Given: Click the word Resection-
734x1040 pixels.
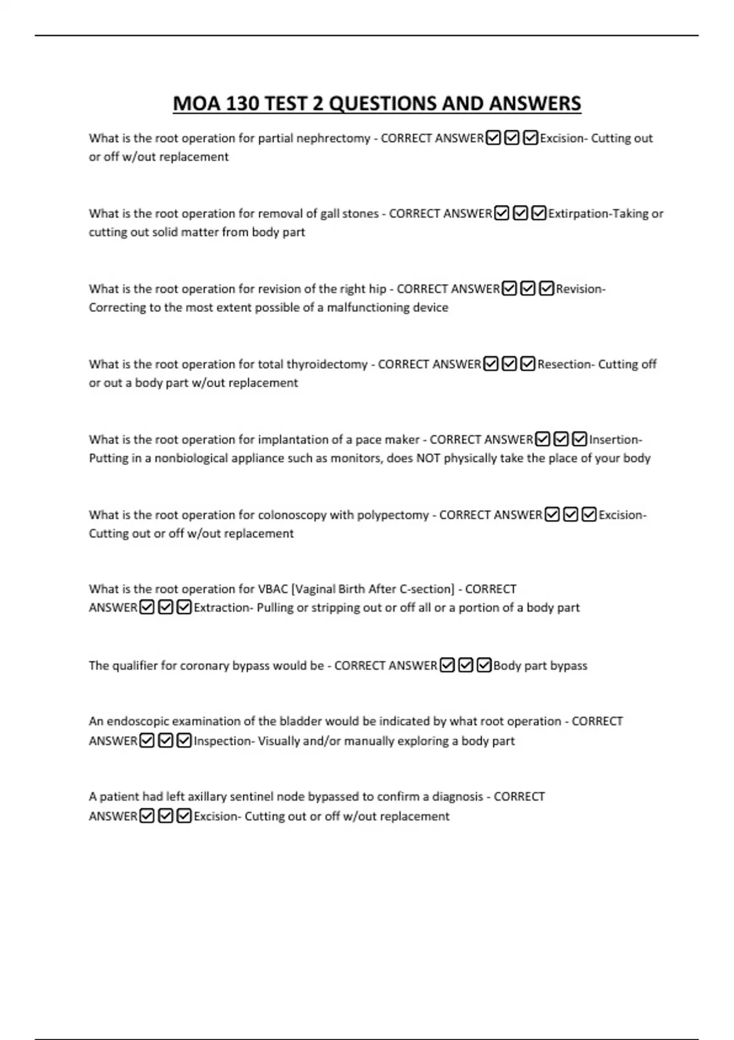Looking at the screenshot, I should (566, 364).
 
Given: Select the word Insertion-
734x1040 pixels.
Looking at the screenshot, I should (615, 439).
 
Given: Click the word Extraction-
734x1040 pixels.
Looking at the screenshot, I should (223, 607).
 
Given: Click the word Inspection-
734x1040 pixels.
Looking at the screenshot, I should (224, 741).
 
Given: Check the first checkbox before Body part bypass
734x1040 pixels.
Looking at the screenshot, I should (447, 665).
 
